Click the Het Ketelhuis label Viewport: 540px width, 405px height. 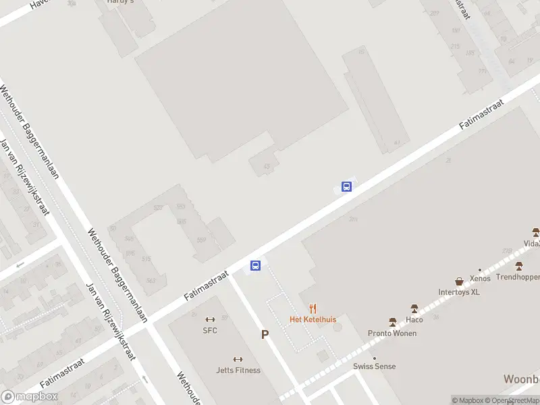[313, 319]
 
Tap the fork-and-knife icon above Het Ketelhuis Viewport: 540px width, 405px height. [313, 309]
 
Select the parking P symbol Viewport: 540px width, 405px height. [265, 334]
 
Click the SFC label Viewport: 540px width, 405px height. [210, 330]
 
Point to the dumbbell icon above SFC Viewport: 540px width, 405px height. [210, 320]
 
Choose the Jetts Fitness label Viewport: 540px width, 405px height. [238, 370]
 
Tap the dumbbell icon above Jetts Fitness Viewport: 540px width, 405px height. [238, 360]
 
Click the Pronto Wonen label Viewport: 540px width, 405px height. [392, 333]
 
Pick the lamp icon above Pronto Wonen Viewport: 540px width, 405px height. [392, 323]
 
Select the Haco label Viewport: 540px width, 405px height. [414, 319]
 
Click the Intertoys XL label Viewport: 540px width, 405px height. [459, 292]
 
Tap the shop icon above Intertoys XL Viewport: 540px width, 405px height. [459, 281]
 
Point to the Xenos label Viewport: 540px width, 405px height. [480, 278]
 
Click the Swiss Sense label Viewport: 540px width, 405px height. [375, 367]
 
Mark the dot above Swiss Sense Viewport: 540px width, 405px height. [375, 358]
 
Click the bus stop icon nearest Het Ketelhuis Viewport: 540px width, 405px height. [256, 265]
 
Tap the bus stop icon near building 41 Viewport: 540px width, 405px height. [346, 187]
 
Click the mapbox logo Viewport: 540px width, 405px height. [29, 397]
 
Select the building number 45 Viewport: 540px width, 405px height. [267, 166]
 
